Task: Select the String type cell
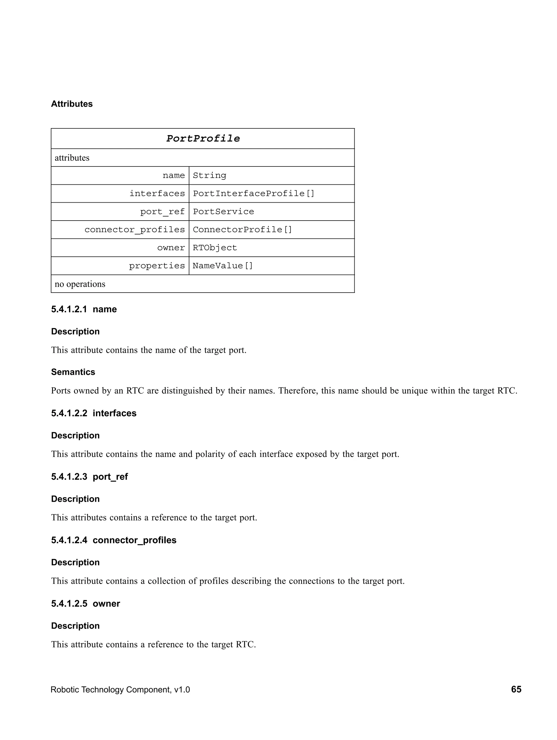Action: [209, 175]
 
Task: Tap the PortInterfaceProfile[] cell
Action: [253, 193]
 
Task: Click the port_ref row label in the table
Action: [162, 211]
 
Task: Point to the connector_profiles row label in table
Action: [134, 230]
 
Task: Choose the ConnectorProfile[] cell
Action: [242, 230]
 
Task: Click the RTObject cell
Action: [215, 247]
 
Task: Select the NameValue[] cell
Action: [222, 266]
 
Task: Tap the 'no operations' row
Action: [80, 284]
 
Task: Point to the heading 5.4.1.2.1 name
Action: [84, 309]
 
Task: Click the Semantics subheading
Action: [73, 372]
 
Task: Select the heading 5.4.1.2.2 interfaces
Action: [94, 413]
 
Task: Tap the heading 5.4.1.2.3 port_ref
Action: [89, 476]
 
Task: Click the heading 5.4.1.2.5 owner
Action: [86, 603]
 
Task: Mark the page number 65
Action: [516, 689]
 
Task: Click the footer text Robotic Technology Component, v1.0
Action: [120, 689]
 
